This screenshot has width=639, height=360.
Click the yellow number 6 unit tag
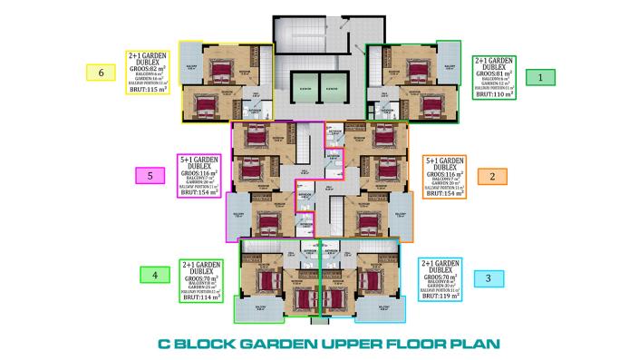coord(101,72)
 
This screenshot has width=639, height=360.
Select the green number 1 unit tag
coord(540,78)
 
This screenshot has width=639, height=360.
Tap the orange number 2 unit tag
coord(492,176)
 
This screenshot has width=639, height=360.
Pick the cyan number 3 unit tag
coord(489,278)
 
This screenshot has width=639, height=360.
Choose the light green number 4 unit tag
coord(154,274)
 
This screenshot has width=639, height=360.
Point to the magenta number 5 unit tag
coord(150,176)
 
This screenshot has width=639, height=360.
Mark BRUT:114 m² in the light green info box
coord(202,297)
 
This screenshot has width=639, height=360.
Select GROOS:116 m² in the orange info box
coord(444,172)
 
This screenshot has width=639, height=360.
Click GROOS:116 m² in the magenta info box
coord(201,172)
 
